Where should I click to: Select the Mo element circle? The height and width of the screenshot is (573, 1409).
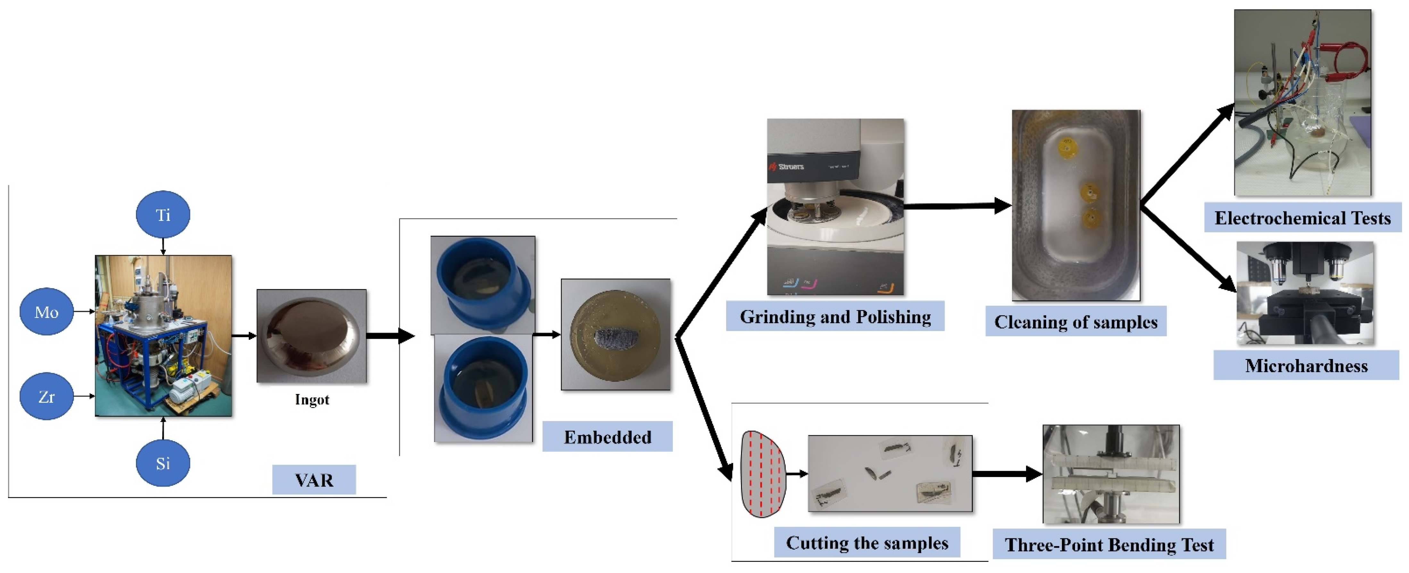[46, 312]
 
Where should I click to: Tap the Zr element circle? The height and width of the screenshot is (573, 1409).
[46, 396]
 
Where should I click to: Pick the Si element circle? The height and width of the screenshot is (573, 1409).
[163, 463]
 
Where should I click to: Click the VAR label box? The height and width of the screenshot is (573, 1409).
[314, 480]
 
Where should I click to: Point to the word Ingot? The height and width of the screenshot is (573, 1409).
[312, 399]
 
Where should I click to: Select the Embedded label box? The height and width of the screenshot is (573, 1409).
[607, 437]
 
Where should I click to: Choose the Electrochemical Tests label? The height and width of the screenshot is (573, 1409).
[1302, 218]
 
